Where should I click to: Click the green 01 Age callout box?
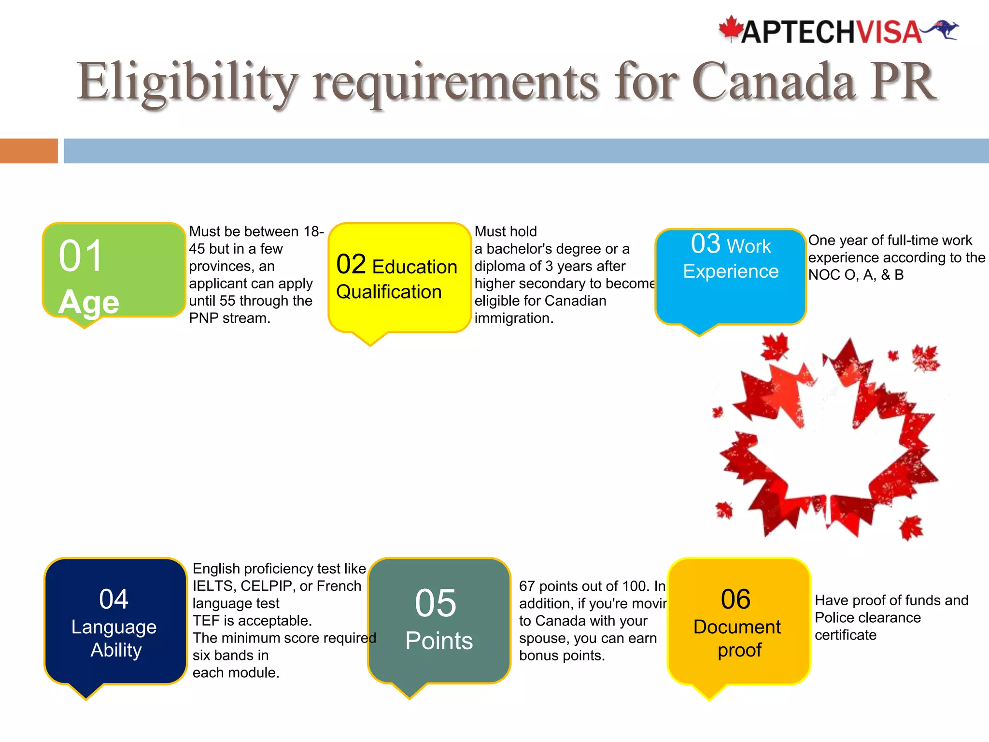[x=114, y=271]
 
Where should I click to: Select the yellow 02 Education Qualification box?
[x=399, y=278]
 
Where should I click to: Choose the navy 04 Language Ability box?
[x=115, y=621]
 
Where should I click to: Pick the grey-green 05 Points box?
[x=438, y=621]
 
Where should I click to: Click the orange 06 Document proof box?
[x=738, y=621]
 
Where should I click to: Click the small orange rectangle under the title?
[x=29, y=151]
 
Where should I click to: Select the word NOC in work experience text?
[x=824, y=275]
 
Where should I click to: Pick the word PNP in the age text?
[x=204, y=318]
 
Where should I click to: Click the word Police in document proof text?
[x=834, y=618]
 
